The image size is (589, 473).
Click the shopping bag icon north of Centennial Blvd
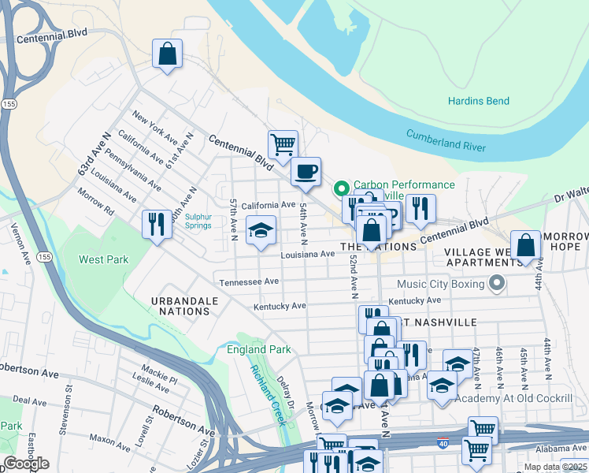pos(167,55)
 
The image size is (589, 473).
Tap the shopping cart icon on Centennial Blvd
pos(283,145)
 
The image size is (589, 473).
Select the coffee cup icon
pos(306,171)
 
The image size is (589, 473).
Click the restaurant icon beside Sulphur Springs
pos(156,225)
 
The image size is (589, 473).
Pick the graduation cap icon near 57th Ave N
pos(261,232)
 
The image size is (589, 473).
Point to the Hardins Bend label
pos(478,101)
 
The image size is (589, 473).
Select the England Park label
pos(259,349)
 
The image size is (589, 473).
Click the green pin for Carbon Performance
pos(342,188)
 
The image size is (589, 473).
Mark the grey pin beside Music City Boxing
pos(496,282)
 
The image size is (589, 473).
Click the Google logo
pos(26,464)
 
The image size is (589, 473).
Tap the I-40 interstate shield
pos(443,445)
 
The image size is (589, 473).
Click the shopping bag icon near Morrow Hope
pos(525,245)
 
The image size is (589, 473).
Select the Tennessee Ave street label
pos(249,281)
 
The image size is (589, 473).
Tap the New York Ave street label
pos(154,128)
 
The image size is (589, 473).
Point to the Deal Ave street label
pos(30,401)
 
